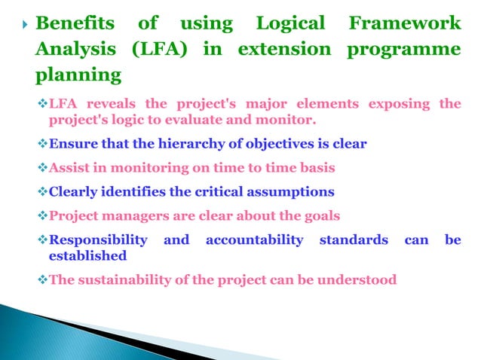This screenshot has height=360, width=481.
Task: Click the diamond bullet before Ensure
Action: click(x=42, y=145)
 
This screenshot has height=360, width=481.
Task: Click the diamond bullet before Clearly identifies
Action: click(x=42, y=192)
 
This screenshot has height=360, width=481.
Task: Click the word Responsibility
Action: click(x=98, y=240)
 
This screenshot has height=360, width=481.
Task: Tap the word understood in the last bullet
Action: click(x=357, y=280)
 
